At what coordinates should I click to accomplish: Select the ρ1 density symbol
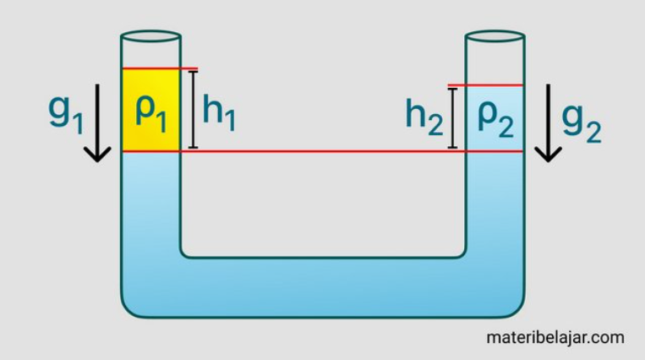(150, 112)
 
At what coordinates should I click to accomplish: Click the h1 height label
(218, 112)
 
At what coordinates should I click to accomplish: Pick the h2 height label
(424, 117)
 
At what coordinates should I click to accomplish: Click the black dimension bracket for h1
(193, 110)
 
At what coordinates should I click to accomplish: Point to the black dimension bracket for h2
(454, 117)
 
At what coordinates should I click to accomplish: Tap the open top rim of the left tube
(150, 38)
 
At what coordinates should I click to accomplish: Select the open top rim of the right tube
(495, 37)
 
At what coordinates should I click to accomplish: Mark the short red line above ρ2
(486, 85)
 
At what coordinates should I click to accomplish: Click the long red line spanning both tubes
(321, 151)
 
